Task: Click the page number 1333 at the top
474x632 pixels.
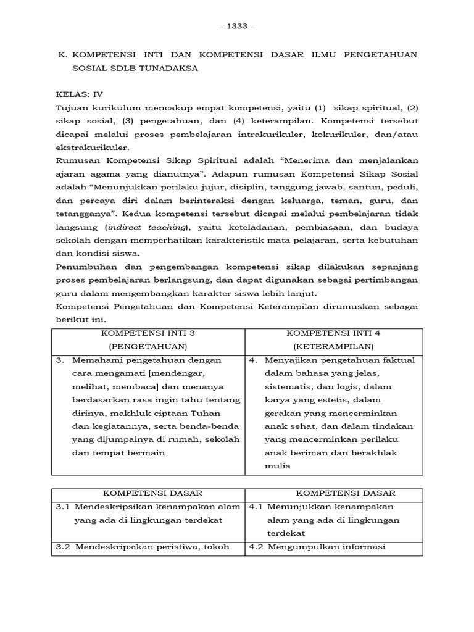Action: click(236, 27)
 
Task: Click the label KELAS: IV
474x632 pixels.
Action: click(80, 96)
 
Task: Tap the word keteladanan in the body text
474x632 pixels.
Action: click(233, 227)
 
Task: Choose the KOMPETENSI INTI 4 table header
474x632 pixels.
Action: click(333, 333)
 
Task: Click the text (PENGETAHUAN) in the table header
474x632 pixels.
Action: click(148, 347)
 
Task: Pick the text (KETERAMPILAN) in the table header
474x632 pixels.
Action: click(333, 347)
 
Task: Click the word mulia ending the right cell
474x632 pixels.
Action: click(277, 466)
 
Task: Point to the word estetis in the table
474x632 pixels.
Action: click(328, 400)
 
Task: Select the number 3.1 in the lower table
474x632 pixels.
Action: click(62, 507)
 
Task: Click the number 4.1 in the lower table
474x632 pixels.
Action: click(256, 507)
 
